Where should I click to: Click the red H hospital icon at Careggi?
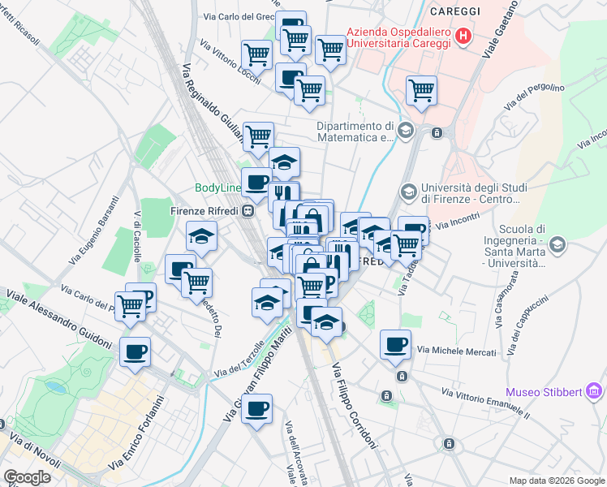coord(463,36)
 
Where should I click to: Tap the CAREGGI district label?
coord(455,11)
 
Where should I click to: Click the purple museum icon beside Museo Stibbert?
coord(595,393)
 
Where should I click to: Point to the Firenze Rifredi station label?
coord(207,210)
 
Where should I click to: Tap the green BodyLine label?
coord(216,188)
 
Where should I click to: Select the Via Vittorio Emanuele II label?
coord(485,403)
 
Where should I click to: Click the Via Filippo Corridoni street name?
coord(355,406)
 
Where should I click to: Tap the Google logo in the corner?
coord(27,477)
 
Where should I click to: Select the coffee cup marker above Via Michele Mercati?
coord(395,344)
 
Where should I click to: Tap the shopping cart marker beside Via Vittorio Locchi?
coord(257,54)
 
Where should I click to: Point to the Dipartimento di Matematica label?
coord(355,131)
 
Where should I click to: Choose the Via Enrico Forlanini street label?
coord(143,430)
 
